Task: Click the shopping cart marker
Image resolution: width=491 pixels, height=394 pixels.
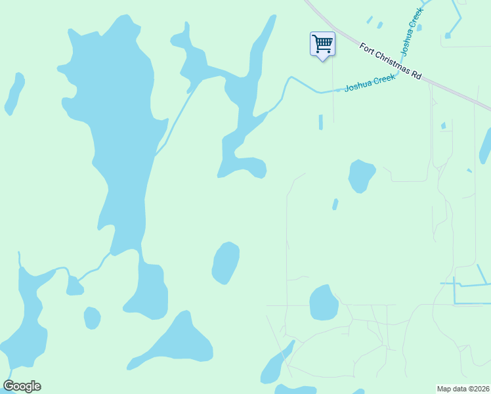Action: tap(322, 45)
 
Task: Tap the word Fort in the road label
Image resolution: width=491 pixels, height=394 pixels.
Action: tap(367, 48)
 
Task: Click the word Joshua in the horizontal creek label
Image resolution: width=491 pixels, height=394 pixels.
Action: tap(358, 85)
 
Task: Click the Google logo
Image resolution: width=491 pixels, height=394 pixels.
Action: tap(22, 386)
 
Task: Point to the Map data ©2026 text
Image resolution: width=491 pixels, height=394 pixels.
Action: tap(463, 389)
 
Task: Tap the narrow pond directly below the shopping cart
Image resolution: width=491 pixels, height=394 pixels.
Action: tap(320, 122)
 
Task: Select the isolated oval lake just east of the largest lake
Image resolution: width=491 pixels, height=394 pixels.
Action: tap(225, 263)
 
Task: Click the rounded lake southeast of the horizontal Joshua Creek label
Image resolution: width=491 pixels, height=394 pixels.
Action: tap(360, 175)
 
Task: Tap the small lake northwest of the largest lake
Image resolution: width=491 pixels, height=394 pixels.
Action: tap(14, 93)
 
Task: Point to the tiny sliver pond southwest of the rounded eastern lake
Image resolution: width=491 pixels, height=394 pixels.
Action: tap(335, 204)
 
